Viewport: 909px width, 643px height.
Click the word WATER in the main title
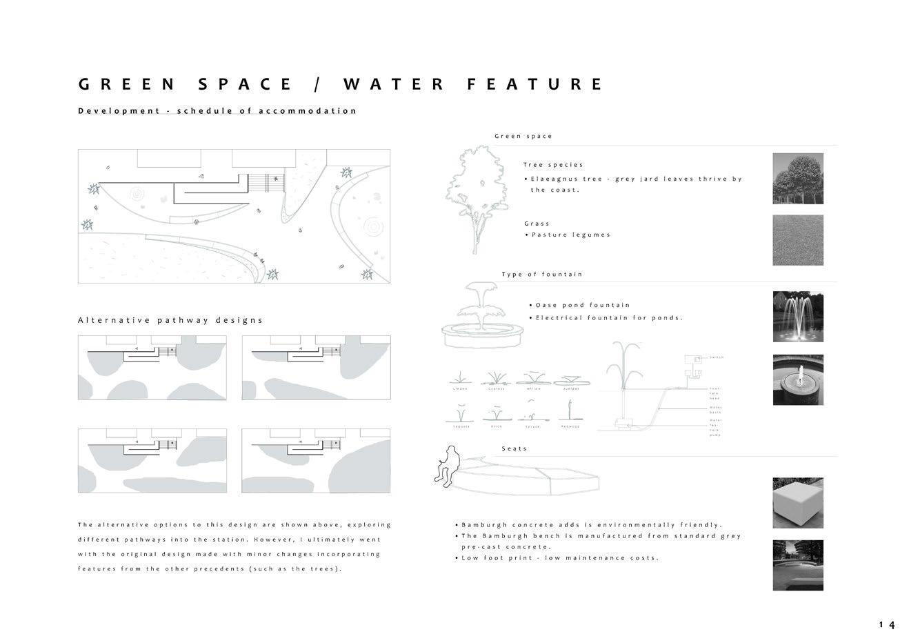[x=394, y=84]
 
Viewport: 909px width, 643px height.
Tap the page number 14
[x=887, y=625]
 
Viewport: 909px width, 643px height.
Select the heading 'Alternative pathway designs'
[x=170, y=320]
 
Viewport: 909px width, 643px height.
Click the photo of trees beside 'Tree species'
[x=798, y=179]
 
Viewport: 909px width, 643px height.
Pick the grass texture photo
[x=798, y=240]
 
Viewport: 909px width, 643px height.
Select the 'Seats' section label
[x=515, y=449]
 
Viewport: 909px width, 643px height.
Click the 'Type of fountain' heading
[x=542, y=275]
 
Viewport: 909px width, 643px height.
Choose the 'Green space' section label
[x=523, y=137]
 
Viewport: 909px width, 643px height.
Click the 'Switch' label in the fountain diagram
[x=717, y=357]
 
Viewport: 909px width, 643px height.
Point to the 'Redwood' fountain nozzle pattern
[x=570, y=415]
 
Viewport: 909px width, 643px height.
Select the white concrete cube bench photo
[x=798, y=503]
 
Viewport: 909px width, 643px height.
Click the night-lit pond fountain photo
[x=798, y=316]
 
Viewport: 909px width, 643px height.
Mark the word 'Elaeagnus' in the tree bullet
[x=555, y=179]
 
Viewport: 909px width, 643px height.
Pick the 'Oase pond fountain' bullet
[x=583, y=305]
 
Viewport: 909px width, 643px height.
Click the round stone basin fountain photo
[x=798, y=380]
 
